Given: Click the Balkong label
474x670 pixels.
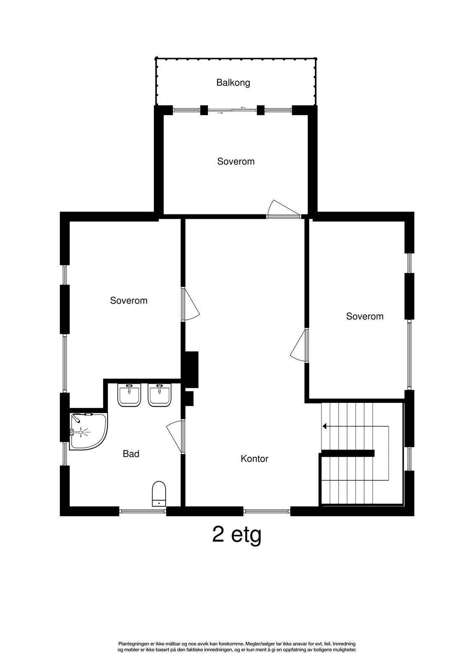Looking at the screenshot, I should coord(233,82).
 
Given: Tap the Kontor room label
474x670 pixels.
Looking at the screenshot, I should coord(254,459).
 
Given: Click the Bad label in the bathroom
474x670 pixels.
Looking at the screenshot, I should coord(131,454).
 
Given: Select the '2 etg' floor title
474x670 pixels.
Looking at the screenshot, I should coord(237,535).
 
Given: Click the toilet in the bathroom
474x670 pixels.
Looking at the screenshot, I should coord(159,494).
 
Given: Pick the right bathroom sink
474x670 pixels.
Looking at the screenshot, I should coord(159,395).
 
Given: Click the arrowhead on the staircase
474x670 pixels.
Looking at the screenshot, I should coord(324,426).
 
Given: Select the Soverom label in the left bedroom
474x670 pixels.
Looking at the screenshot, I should coord(129,300).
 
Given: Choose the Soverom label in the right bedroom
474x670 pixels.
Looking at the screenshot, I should coord(365,316).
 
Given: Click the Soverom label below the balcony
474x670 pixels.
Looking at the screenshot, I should coord(236,161).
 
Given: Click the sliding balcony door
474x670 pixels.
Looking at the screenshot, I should coord(232,110).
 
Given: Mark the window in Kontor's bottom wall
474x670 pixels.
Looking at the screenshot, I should coord(267,511).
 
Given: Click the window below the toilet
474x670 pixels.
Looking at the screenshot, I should coord(142,511).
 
